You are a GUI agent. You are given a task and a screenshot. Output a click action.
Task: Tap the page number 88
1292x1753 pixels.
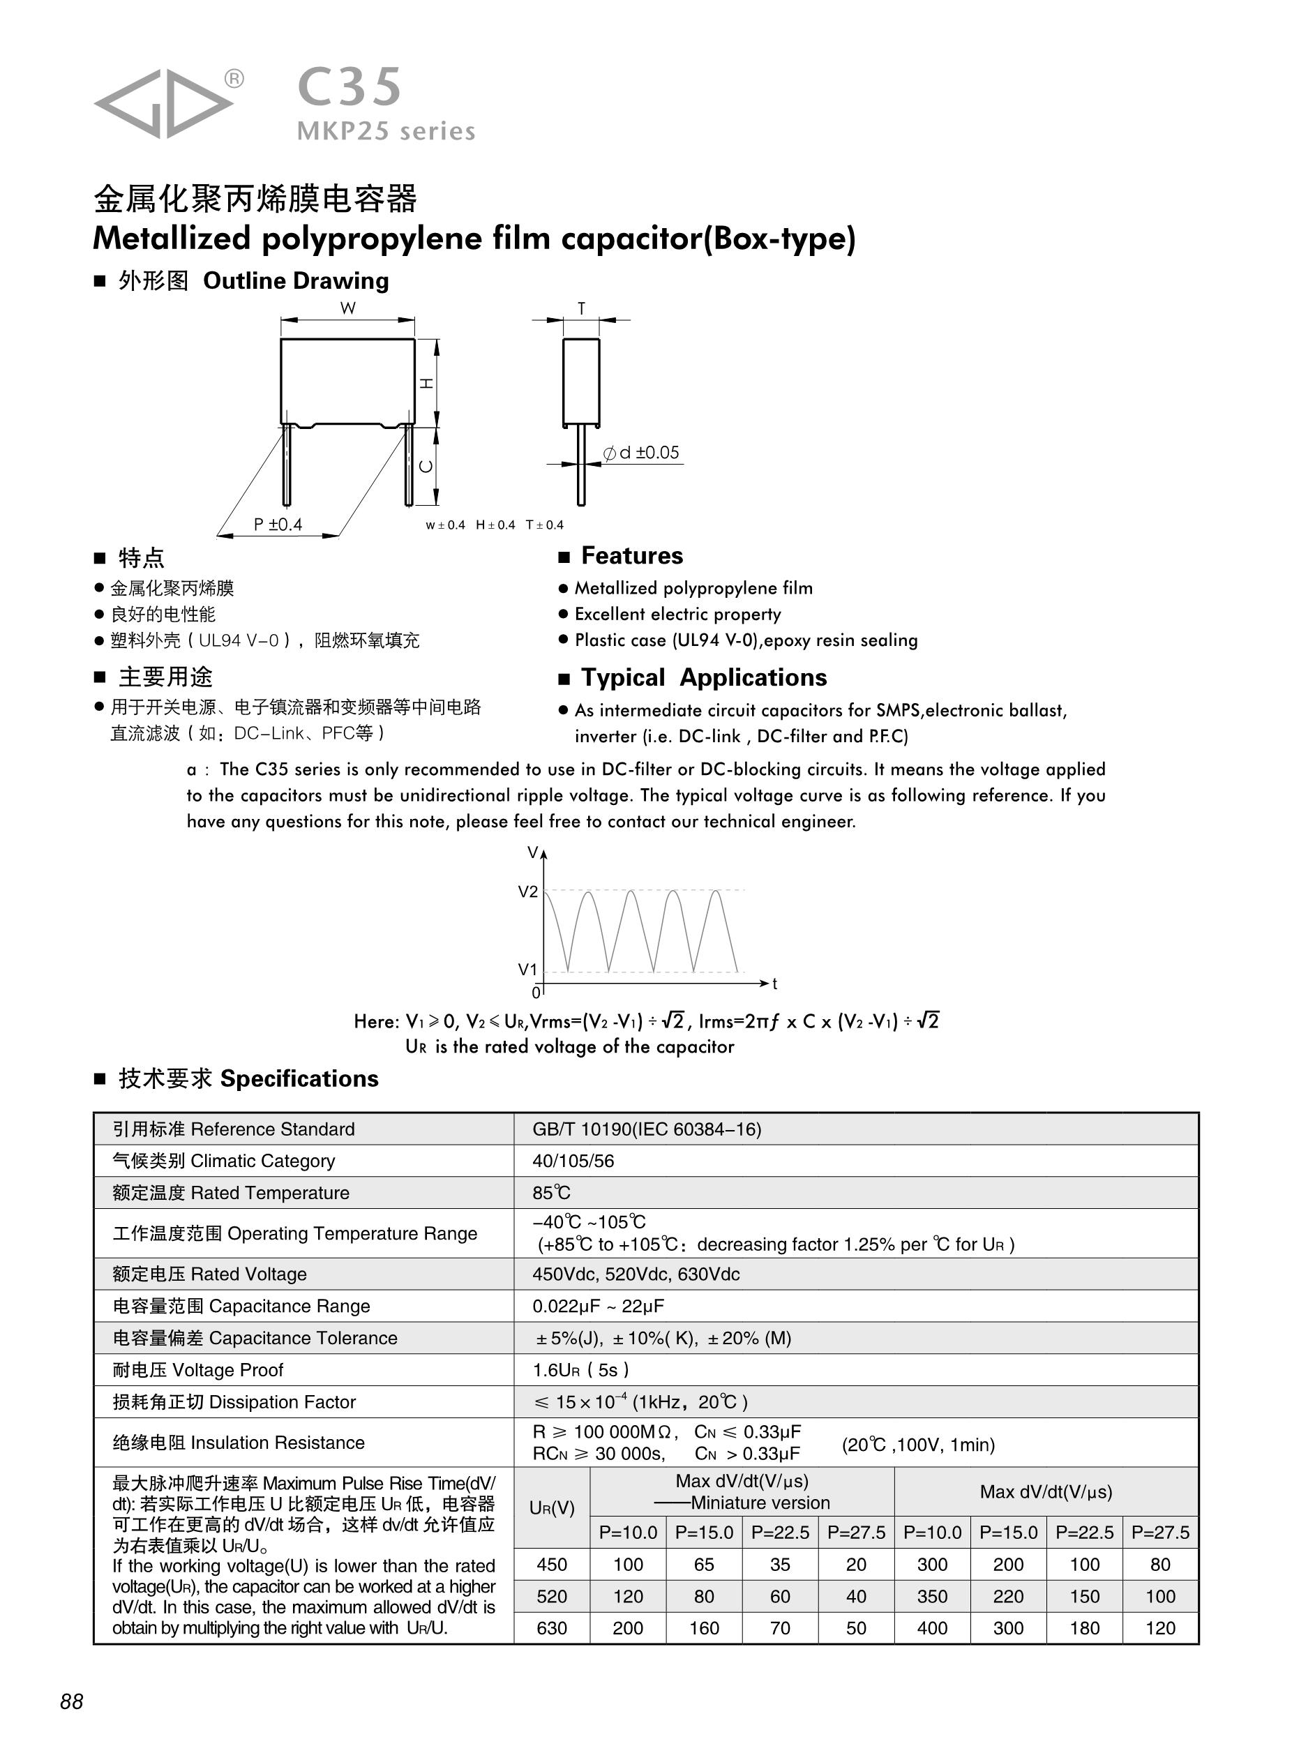pos(71,1701)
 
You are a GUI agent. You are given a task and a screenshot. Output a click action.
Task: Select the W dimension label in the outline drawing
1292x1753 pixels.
pos(347,308)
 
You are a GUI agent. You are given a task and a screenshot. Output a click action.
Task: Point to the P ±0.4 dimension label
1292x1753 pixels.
pos(278,525)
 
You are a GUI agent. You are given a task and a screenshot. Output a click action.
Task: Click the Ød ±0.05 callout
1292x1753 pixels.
pos(641,453)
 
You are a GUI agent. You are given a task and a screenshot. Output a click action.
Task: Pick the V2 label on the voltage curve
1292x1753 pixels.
pos(528,892)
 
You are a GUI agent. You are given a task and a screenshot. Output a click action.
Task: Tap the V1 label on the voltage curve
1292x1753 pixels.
pos(528,970)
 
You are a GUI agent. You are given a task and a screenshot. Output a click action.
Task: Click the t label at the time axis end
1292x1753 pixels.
pos(774,984)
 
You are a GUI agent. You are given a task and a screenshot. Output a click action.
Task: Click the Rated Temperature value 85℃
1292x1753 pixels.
pos(551,1193)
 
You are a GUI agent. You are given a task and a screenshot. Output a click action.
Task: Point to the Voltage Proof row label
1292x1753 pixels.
pos(198,1370)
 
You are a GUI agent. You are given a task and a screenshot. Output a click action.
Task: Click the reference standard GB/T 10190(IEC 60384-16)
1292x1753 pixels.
pos(647,1129)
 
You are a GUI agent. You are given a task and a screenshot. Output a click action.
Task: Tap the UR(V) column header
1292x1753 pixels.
pos(551,1507)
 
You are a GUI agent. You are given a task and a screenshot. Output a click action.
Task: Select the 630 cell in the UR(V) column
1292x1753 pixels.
pos(551,1628)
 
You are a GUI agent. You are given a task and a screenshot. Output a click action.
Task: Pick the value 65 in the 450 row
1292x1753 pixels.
pos(704,1565)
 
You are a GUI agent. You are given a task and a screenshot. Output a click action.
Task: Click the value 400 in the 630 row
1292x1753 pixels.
pos(931,1628)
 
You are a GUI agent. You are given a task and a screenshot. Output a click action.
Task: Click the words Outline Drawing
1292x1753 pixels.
pos(296,280)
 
